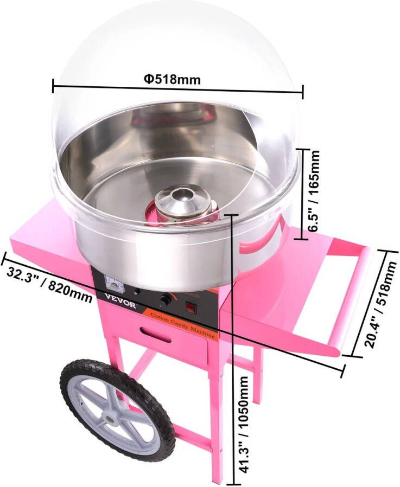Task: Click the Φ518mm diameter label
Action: click(172, 80)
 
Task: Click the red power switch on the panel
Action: click(191, 309)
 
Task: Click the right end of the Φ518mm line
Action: click(302, 92)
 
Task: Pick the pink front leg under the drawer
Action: click(215, 412)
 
